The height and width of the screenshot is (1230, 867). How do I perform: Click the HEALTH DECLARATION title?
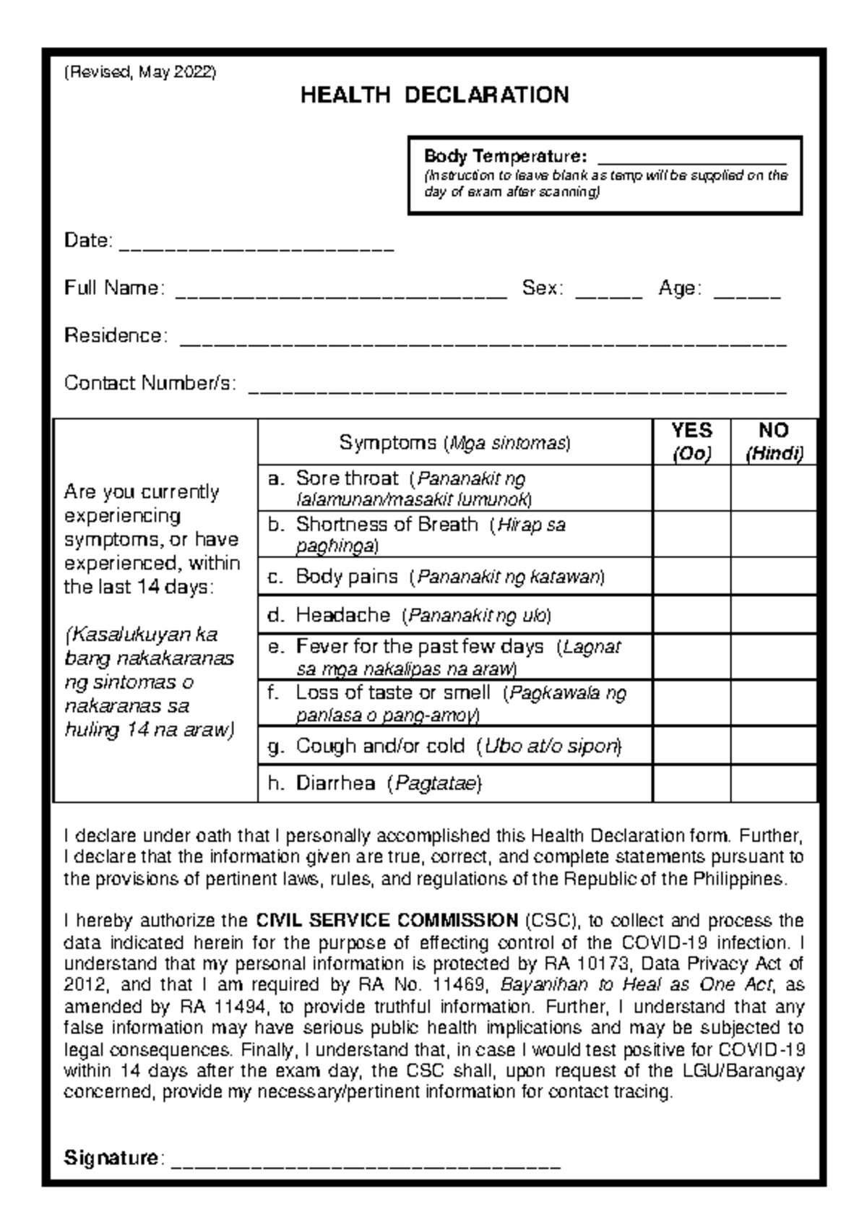434,95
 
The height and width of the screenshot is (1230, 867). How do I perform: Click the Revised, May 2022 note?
140,72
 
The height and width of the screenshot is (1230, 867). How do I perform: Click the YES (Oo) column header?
691,442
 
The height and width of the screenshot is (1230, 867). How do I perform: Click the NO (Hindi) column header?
774,442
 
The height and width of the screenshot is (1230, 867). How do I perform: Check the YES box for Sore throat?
691,489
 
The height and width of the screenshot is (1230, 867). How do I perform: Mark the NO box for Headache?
774,615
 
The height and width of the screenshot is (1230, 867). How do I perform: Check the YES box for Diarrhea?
691,783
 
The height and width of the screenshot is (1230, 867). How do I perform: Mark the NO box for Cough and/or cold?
774,745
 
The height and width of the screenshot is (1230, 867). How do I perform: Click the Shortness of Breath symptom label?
387,525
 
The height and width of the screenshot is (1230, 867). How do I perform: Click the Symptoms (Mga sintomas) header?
455,443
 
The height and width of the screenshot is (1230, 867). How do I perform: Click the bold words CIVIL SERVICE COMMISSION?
387,921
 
